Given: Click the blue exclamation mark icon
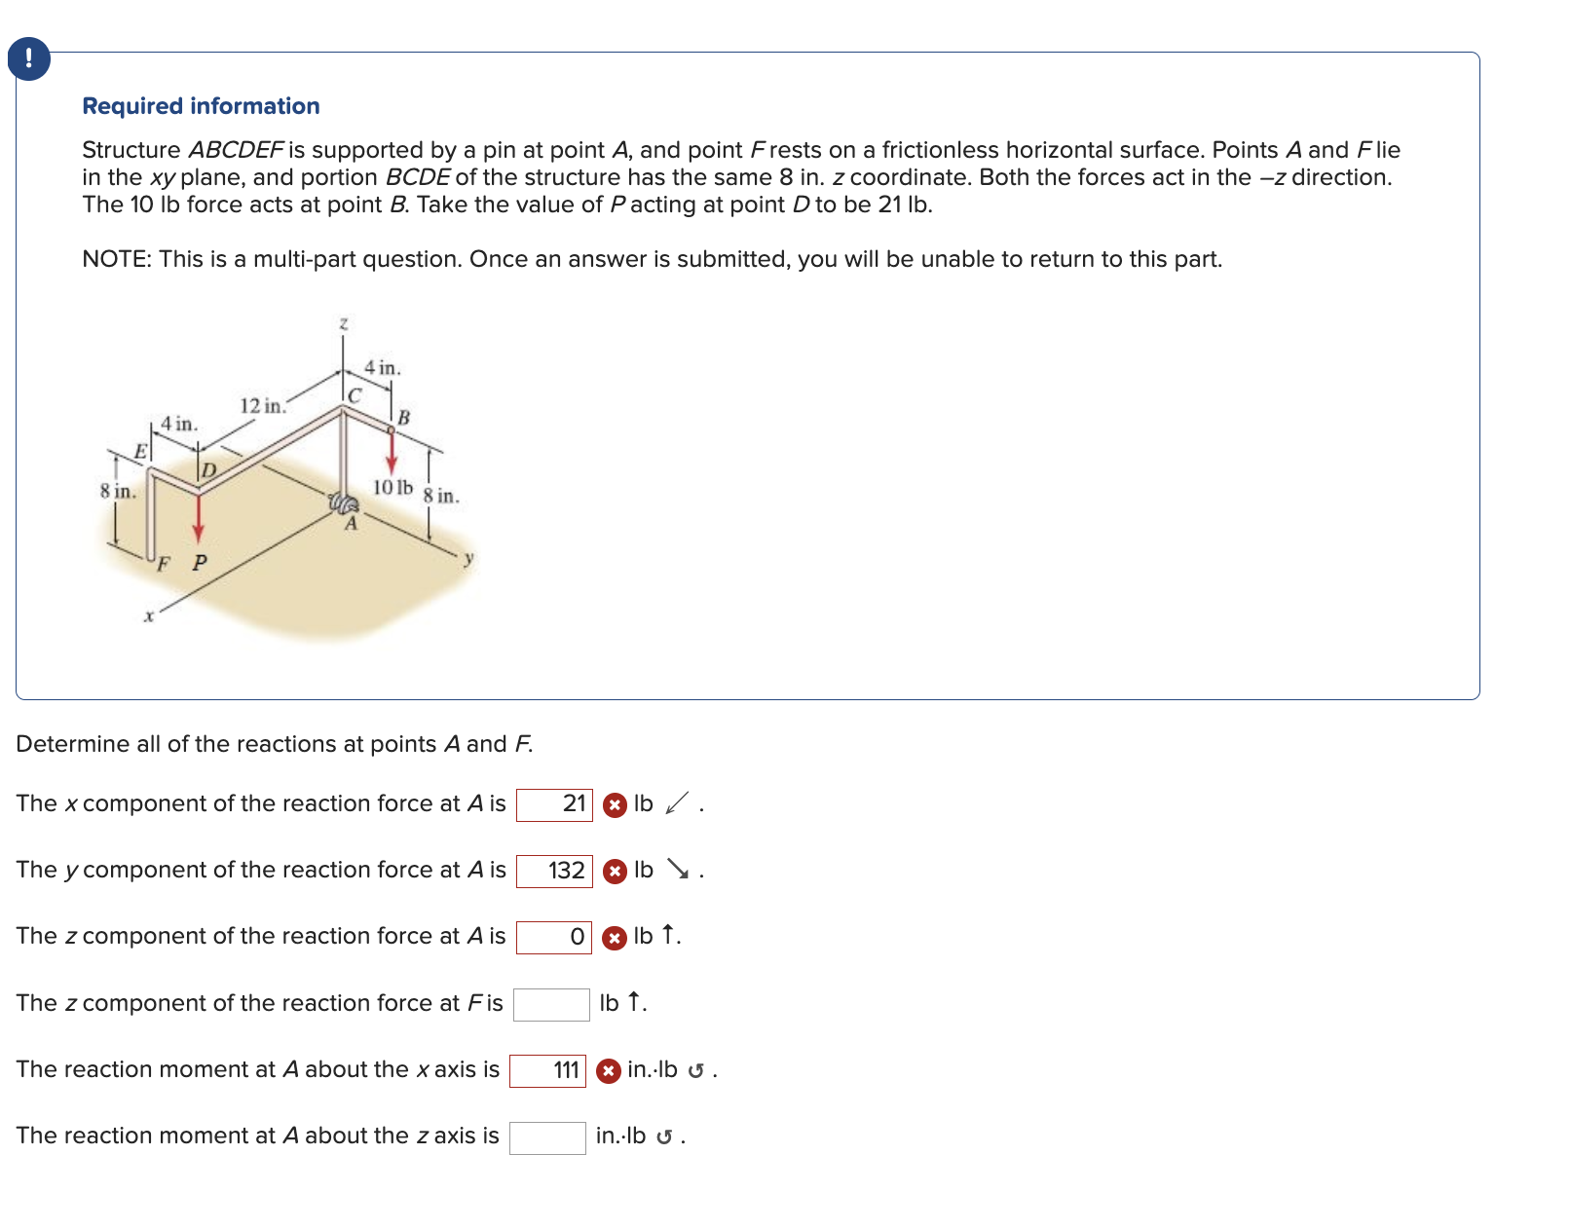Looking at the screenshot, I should click(x=28, y=58).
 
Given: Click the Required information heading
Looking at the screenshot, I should click(x=201, y=106).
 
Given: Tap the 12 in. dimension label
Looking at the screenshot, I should click(x=262, y=405).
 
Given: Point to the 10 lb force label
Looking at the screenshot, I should click(x=392, y=487).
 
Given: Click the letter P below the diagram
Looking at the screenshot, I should click(x=200, y=563).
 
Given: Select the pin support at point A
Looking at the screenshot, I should click(x=344, y=503).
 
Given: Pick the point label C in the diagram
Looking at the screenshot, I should click(x=355, y=395).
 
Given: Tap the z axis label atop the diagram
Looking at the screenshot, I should click(x=343, y=322).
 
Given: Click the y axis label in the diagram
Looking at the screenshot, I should click(x=468, y=558).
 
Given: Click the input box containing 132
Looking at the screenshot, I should click(x=554, y=871).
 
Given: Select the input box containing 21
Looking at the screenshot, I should click(x=554, y=804).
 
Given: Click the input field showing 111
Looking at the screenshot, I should click(x=547, y=1070).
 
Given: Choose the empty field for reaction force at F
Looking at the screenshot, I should click(x=551, y=1004).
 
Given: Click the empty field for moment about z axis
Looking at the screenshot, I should click(x=547, y=1136).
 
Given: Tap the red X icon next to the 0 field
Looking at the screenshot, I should click(x=614, y=938).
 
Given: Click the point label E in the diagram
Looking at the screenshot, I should click(x=140, y=452).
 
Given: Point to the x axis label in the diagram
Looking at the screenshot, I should click(x=149, y=616).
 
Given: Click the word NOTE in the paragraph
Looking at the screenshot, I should click(x=116, y=259).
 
